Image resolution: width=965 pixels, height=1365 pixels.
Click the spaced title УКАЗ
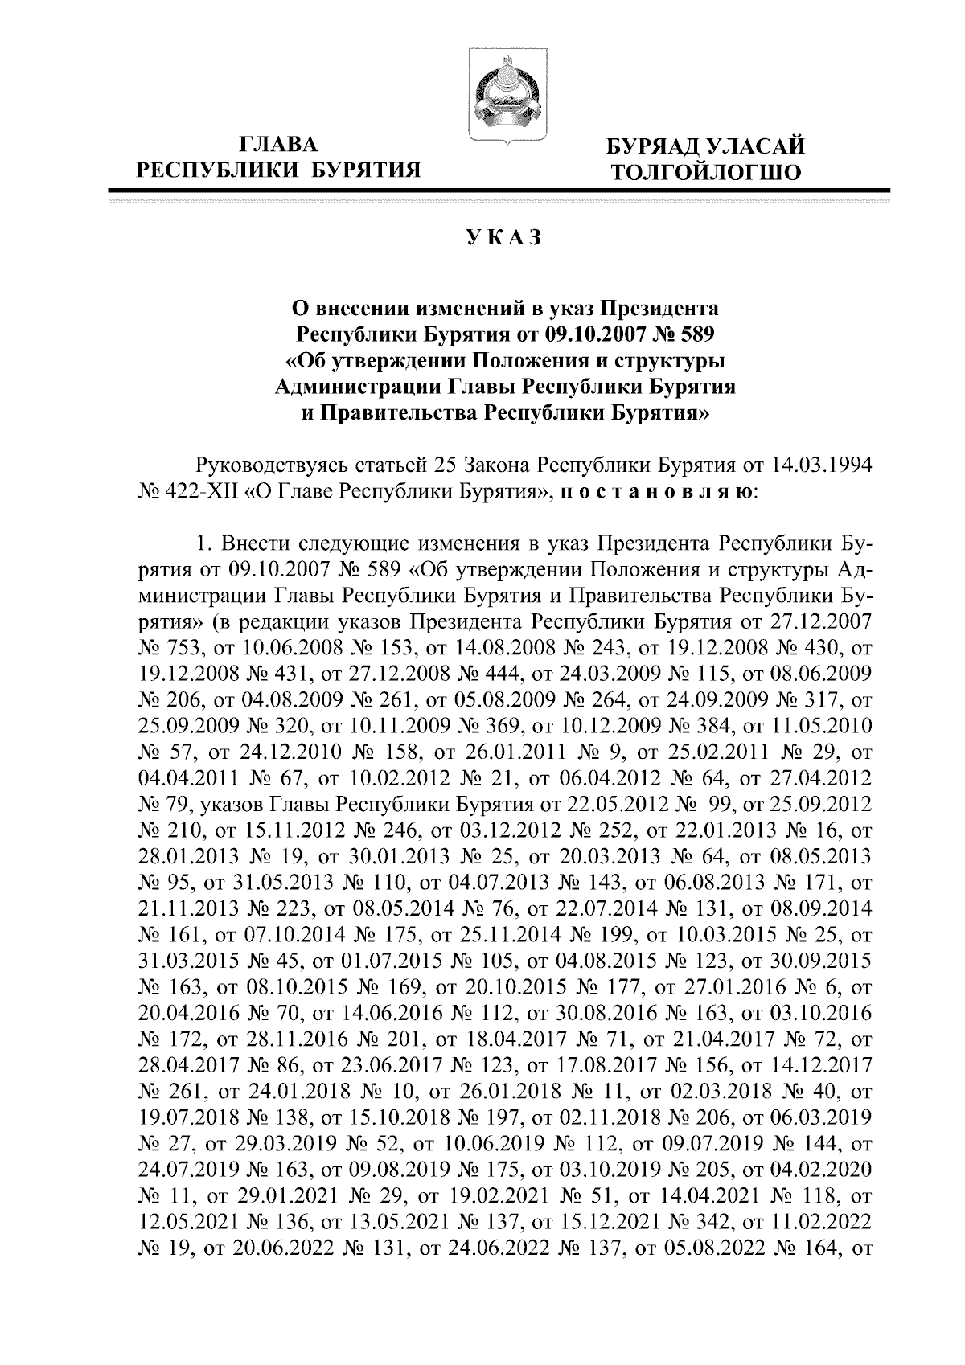pos(503,238)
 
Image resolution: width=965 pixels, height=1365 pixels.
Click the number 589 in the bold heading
pos(695,332)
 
